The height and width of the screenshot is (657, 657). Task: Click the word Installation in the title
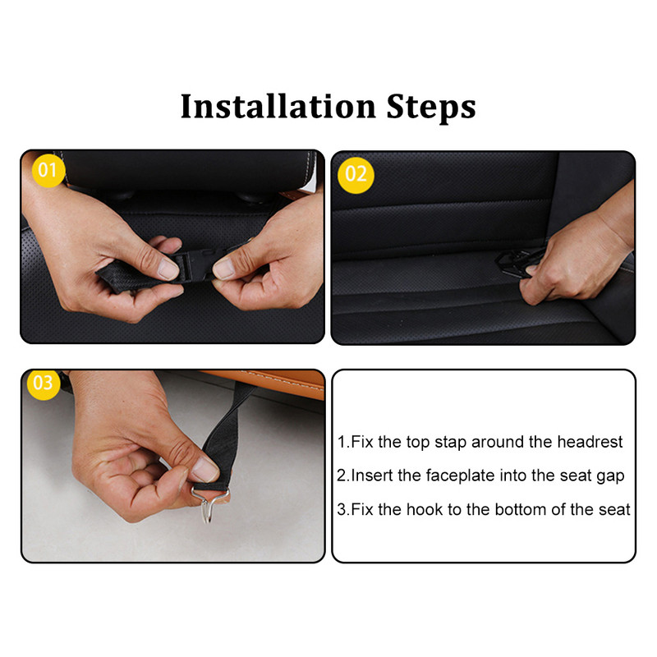[278, 107]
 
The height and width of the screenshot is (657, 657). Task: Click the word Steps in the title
[431, 108]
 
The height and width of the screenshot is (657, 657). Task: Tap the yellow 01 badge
[48, 170]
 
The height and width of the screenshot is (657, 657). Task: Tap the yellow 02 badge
[356, 175]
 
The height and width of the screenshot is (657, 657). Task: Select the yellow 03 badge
[44, 384]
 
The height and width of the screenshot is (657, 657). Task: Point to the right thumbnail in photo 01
[224, 268]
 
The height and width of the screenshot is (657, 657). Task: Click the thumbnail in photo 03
[205, 468]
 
